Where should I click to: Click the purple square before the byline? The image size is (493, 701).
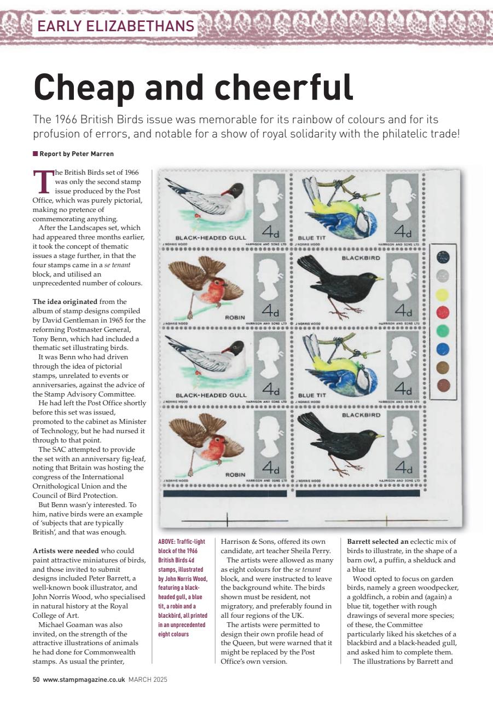(x=35, y=154)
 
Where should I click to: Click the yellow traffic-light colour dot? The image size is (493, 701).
(x=442, y=295)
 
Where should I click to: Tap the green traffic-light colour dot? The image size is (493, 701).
(x=442, y=331)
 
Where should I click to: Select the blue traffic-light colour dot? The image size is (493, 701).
(x=442, y=349)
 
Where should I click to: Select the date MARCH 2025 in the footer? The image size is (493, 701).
(x=148, y=680)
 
